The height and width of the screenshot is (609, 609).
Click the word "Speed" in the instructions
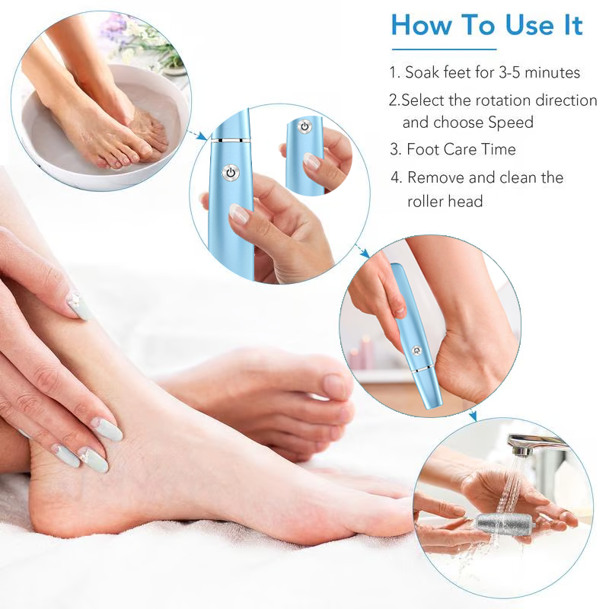pos(512,123)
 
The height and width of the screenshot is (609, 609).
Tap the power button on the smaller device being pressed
pos(304,126)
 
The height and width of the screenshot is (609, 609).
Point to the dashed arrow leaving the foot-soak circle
pos(198,135)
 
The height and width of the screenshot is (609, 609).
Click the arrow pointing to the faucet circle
pos(472,414)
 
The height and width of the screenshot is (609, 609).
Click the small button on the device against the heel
pos(414,349)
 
